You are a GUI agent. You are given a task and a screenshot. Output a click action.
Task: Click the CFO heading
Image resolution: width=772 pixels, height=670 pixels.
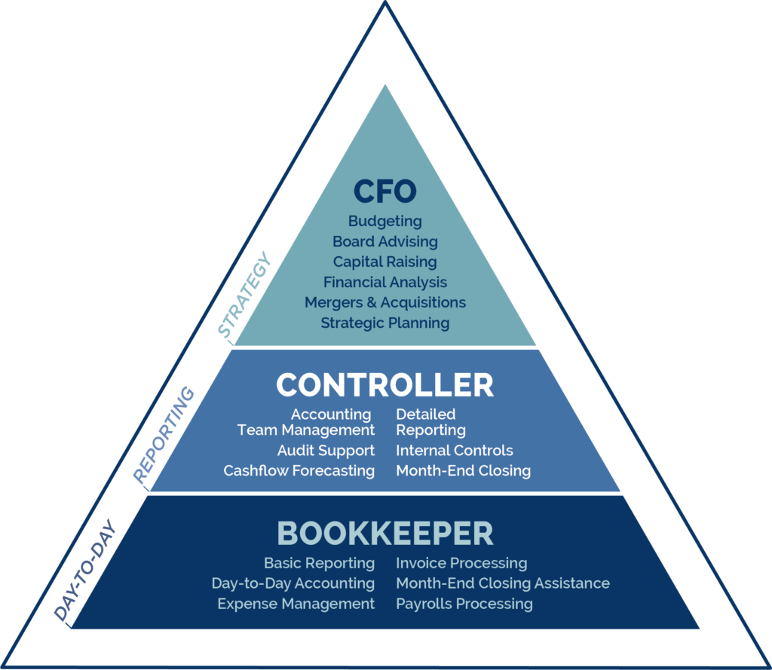coord(384,191)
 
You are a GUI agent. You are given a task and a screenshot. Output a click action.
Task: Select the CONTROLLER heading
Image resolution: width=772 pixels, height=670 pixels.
coord(384,385)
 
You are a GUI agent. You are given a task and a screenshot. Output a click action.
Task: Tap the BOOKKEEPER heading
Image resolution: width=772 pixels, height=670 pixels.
coord(384,534)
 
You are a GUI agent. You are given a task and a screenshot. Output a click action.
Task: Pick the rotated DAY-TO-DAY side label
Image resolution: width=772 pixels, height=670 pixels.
coord(84,570)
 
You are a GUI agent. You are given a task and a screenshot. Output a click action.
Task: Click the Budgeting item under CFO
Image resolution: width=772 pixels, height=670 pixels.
coord(384,222)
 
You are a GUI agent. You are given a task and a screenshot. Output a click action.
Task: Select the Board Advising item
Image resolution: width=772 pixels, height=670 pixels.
coord(384,242)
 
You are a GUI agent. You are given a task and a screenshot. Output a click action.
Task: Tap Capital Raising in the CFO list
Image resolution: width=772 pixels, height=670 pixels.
coord(384,262)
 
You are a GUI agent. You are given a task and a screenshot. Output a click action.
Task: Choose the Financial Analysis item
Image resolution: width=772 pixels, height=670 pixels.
coord(384,282)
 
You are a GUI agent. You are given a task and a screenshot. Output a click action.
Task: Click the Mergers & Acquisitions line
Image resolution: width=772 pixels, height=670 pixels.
coord(384,302)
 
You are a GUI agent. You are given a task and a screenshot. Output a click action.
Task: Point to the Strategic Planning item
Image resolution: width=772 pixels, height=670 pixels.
coord(384,323)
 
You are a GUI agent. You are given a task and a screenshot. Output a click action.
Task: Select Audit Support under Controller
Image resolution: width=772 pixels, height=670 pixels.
coord(326,451)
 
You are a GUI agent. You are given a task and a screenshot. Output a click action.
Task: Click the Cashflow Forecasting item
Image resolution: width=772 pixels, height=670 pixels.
coord(299,471)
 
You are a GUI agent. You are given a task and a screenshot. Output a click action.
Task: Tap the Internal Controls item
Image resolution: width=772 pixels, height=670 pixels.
coord(454,451)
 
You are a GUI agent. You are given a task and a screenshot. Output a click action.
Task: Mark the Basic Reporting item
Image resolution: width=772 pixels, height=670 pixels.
coord(319,563)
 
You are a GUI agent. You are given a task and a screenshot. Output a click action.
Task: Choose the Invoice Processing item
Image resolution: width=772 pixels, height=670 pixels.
coord(461,563)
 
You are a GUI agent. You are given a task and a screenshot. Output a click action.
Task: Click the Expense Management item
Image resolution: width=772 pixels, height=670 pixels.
coord(296,604)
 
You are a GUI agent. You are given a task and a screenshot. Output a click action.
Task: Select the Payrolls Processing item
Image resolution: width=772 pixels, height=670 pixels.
coord(464,604)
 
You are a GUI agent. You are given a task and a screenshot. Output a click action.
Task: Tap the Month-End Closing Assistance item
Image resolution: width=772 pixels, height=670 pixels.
coord(502,583)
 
